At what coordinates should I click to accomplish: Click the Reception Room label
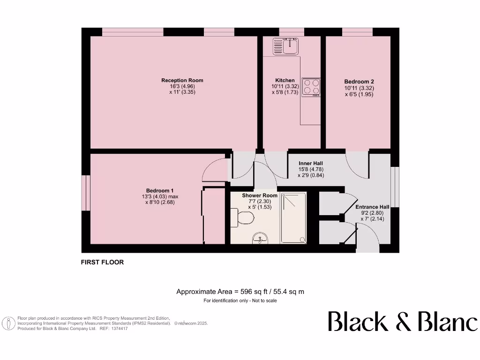[182, 80]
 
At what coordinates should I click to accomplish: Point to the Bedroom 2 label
[359, 81]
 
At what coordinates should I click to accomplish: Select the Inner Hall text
[311, 163]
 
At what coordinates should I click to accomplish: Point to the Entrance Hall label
[372, 207]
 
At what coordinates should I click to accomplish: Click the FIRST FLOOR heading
[103, 262]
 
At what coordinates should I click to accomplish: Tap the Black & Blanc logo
[403, 322]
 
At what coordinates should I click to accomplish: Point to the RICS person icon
[8, 323]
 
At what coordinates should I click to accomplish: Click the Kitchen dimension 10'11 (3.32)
[285, 86]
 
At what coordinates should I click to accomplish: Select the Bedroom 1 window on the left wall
[85, 193]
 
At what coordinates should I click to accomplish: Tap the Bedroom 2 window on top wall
[357, 32]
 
